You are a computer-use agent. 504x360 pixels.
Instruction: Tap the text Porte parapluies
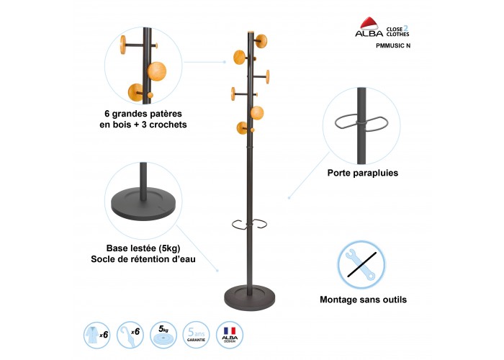[x=362, y=173]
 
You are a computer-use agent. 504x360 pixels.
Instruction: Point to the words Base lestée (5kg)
[x=143, y=248]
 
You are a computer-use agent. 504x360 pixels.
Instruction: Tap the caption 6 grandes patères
[x=143, y=113]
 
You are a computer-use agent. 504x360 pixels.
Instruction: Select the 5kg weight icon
[x=163, y=333]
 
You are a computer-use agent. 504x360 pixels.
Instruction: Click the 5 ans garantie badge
[x=198, y=333]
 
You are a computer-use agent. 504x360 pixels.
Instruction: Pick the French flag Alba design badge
[x=232, y=333]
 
